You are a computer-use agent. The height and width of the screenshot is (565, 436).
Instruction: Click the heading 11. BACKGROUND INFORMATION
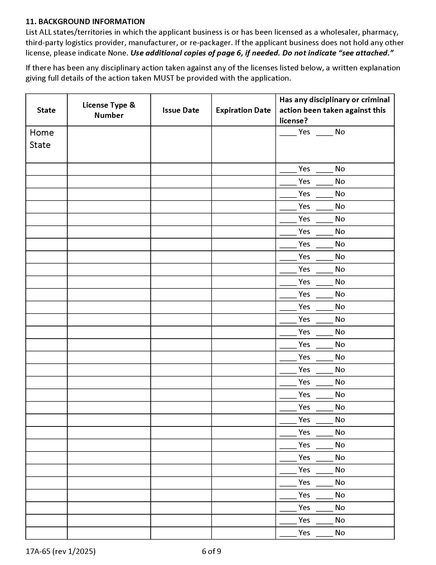(85, 22)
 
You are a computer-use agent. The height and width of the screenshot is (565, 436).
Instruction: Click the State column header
(46, 110)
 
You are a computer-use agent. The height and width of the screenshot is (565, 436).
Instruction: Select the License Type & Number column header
(109, 110)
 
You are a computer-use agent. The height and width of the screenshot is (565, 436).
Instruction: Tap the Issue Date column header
(181, 110)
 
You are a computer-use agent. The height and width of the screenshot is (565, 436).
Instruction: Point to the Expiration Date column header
(243, 110)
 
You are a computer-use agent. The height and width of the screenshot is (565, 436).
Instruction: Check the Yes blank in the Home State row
(288, 133)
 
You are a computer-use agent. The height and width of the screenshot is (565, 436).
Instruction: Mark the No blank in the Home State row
(324, 133)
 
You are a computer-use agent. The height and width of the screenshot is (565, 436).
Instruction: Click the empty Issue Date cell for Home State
(181, 144)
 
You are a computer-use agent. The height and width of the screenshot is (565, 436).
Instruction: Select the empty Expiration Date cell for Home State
(243, 144)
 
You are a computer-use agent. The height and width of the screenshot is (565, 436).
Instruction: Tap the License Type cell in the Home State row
(109, 144)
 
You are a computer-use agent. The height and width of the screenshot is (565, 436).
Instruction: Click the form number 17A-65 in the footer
(38, 551)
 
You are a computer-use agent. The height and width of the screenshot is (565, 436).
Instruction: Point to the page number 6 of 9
(211, 551)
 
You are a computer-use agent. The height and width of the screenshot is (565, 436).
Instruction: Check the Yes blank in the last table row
(288, 533)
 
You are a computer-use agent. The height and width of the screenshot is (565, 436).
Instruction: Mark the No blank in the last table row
(324, 533)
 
